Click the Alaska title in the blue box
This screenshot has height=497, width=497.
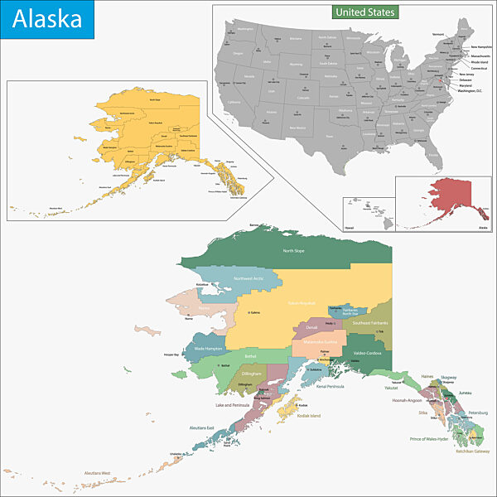[x=47, y=19]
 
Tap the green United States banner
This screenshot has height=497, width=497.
[x=365, y=12]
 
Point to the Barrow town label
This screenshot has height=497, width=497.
[x=255, y=224]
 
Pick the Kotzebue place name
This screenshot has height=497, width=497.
[x=203, y=284]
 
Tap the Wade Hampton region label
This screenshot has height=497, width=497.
[x=207, y=349]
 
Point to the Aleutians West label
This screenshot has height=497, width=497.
[x=97, y=473]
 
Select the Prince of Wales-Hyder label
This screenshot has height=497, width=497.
[x=429, y=437]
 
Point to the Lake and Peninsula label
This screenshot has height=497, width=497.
[x=233, y=405]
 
